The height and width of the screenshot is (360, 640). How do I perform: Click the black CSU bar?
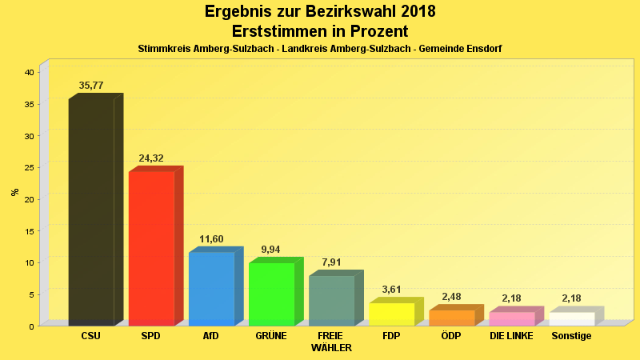coord(91,212)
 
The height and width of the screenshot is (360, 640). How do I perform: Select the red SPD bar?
coord(151,248)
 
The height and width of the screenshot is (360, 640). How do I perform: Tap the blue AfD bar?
coord(211,288)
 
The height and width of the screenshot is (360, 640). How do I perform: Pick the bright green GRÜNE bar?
coord(271,294)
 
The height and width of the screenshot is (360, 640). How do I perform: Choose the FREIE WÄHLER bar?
coord(331,300)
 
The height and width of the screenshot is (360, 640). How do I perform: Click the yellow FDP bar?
coord(391,314)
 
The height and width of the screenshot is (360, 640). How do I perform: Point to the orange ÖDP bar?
coord(451,318)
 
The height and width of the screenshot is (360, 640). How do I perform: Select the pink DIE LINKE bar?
coord(511,318)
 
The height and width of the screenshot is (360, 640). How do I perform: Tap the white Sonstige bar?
coord(571,318)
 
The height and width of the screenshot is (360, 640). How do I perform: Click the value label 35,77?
coord(91,86)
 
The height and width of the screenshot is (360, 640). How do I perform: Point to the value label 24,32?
coord(151,158)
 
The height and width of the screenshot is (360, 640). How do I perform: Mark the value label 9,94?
coord(271,250)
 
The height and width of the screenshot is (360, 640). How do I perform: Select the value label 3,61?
coord(391,290)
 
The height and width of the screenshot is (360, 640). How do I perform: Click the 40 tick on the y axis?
coord(29,73)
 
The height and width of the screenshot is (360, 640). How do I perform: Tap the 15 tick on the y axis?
coord(29,231)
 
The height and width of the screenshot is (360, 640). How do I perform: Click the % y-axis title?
coord(14,192)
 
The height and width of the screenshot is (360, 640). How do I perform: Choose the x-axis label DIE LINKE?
coord(511,336)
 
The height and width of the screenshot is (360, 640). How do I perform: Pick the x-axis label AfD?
coord(211,336)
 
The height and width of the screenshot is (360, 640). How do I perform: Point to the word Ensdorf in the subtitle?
coord(483,49)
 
